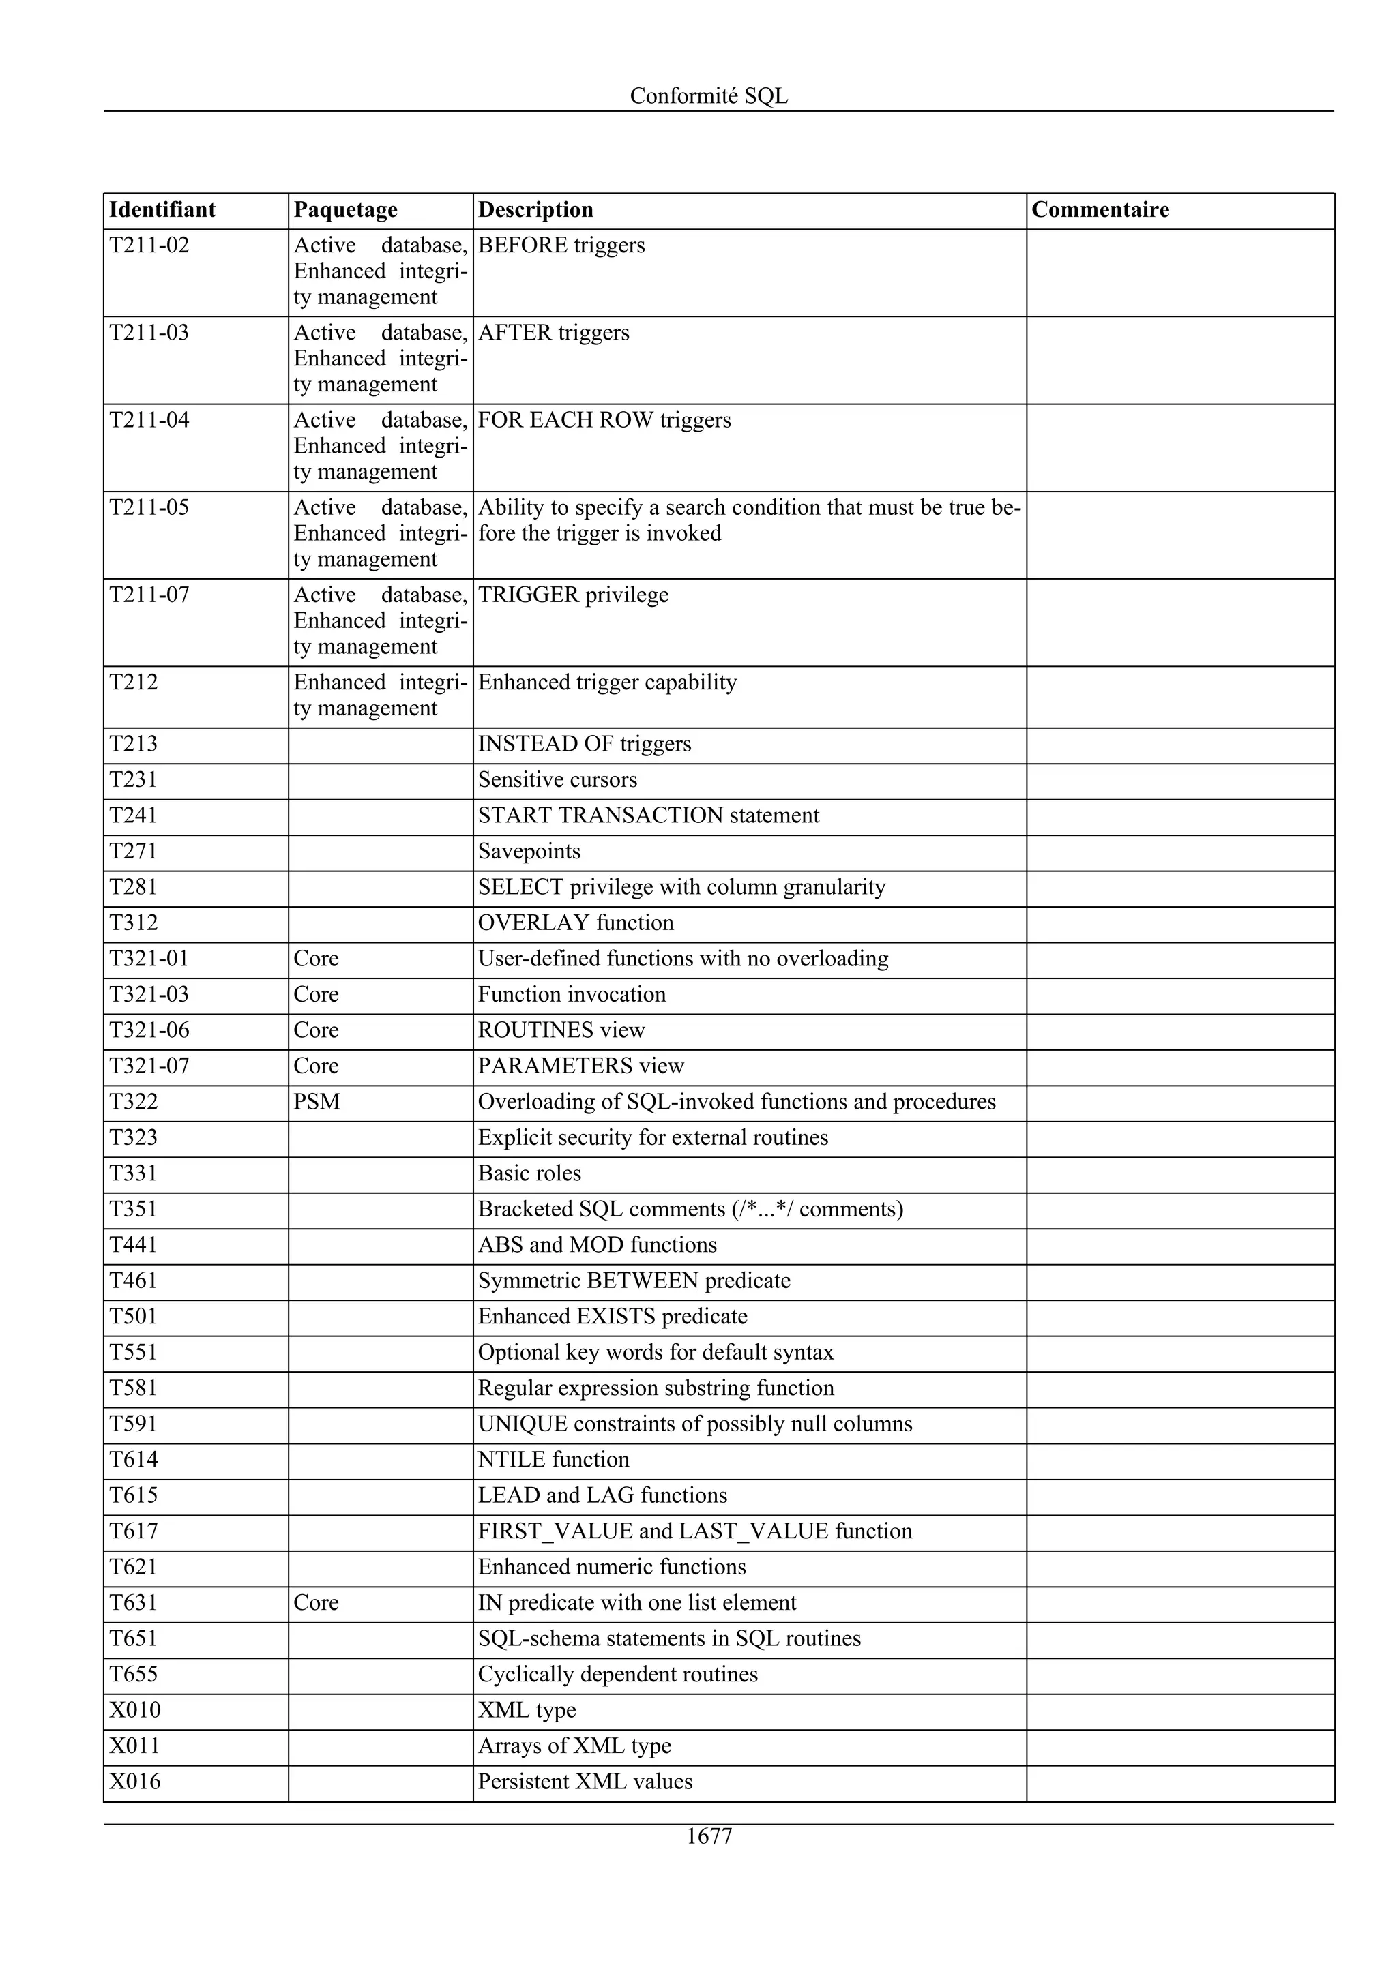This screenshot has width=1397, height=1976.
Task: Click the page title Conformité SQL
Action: point(709,95)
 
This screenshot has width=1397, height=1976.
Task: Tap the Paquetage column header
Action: point(345,210)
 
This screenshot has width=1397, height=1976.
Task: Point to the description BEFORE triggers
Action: point(561,245)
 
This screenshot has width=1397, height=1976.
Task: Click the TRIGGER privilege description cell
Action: point(573,595)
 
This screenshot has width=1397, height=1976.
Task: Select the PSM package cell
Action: point(317,1102)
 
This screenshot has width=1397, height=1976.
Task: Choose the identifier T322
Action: point(134,1102)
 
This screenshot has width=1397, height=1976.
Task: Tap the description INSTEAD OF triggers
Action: point(585,744)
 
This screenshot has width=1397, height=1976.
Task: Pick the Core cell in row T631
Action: point(316,1602)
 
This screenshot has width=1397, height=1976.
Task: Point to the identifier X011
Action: point(135,1746)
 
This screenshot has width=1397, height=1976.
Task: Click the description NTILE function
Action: point(553,1460)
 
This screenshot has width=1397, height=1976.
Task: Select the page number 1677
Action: point(709,1837)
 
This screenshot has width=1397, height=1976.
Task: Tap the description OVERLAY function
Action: point(576,923)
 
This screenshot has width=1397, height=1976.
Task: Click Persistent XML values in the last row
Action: point(585,1782)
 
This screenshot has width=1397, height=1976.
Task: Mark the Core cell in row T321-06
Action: point(316,1030)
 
